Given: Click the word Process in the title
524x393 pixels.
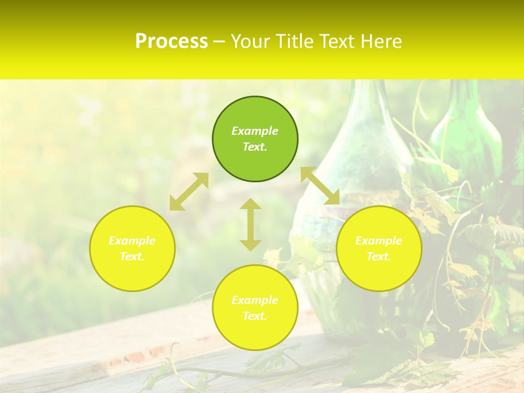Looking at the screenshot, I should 171,41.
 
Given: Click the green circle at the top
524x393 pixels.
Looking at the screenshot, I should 255,139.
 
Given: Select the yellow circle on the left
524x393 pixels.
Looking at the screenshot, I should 132,248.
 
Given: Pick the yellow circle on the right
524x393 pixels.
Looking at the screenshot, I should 379,248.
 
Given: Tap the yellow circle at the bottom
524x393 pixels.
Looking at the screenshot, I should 255,307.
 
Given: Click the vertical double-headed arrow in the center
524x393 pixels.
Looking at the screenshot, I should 251,224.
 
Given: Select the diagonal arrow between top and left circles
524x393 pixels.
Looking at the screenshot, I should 189,192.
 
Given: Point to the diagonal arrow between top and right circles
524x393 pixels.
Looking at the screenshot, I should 320,186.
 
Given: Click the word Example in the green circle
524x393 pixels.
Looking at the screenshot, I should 255,131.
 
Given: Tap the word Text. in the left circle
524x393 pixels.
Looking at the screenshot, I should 132,257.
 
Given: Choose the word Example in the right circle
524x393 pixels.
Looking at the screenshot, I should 379,241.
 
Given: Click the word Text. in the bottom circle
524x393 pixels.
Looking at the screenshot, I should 255,316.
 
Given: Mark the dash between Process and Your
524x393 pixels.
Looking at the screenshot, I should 219,42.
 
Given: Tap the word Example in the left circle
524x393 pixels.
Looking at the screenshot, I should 132,241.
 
